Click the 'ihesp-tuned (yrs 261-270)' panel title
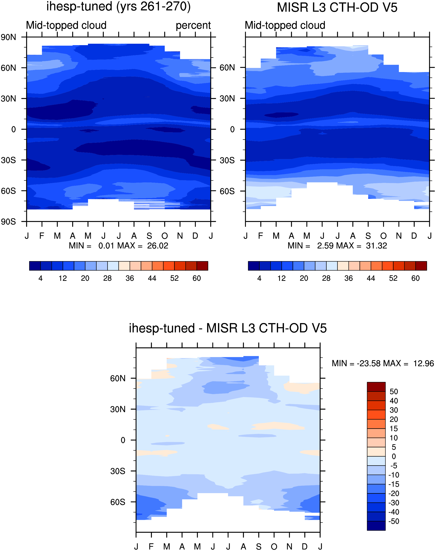[x=119, y=7]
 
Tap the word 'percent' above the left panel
[x=193, y=25]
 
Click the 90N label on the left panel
[x=8, y=37]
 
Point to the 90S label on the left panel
[x=8, y=222]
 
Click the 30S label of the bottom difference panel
[x=118, y=471]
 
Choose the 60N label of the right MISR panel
[x=227, y=68]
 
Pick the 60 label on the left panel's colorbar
[x=196, y=278]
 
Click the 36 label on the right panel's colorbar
[x=348, y=278]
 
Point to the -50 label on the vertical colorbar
[x=394, y=521]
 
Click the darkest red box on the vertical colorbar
[x=376, y=387]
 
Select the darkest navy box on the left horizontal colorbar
[x=35, y=266]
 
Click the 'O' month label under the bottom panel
[x=274, y=547]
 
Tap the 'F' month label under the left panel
[x=42, y=236]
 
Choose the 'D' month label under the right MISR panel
[x=414, y=236]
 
